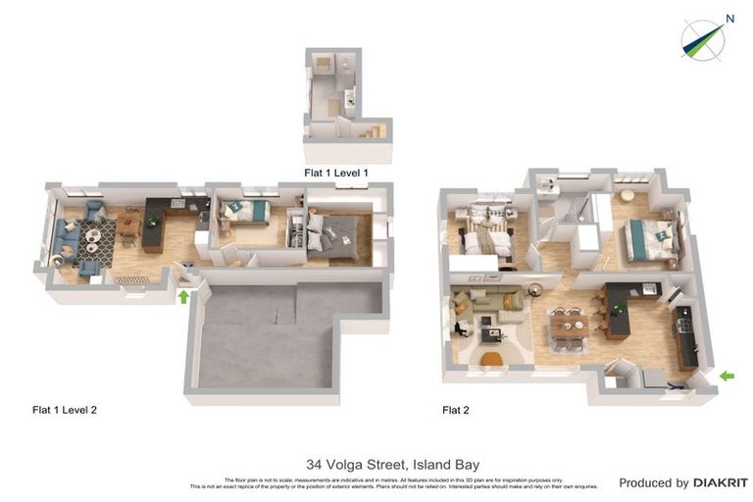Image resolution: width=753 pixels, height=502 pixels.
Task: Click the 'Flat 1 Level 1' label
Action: [336, 174]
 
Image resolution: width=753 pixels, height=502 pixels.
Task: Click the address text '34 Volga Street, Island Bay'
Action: [392, 465]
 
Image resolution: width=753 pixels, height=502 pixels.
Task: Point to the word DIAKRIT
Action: [720, 482]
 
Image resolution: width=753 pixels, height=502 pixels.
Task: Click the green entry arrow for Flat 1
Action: [183, 296]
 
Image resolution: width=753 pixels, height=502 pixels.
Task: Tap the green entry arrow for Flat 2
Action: [726, 376]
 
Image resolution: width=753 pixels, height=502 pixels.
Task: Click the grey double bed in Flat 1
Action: [331, 238]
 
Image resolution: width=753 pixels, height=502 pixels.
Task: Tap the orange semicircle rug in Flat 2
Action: [492, 360]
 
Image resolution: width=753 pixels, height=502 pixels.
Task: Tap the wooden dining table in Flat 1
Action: [128, 226]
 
